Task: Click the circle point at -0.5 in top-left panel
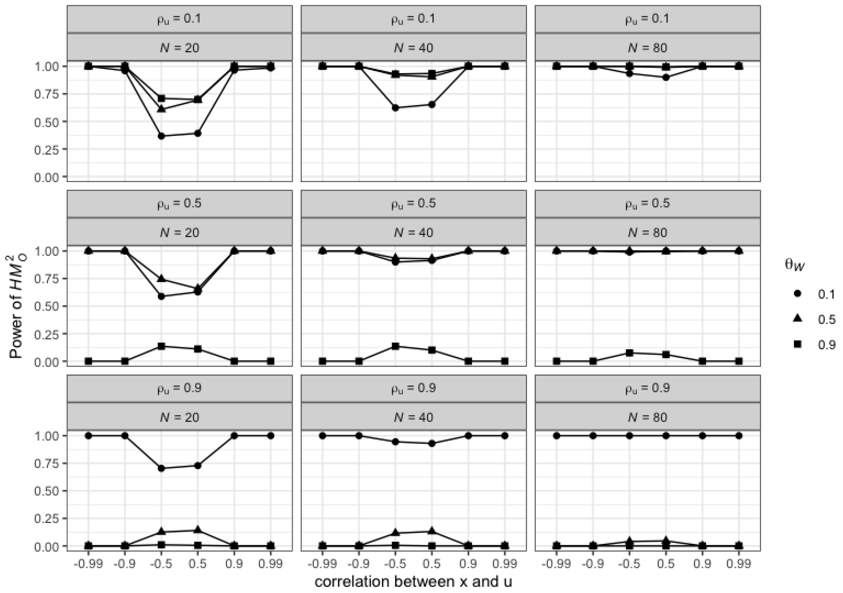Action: coord(161,136)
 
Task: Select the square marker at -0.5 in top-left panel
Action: coord(161,98)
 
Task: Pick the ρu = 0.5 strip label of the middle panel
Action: coord(413,204)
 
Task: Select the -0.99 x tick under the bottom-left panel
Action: coord(88,563)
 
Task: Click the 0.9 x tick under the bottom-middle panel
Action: coord(468,563)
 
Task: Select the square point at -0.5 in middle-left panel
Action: coord(161,346)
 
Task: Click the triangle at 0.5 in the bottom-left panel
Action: coord(198,530)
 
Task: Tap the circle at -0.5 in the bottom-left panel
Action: coord(161,468)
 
